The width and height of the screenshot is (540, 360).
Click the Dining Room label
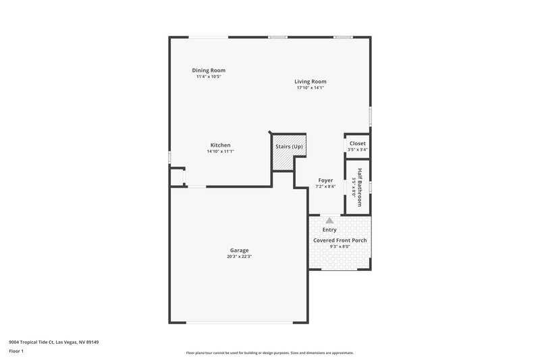click(x=209, y=70)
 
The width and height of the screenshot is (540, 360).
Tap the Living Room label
click(x=310, y=82)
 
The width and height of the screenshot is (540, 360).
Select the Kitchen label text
click(x=221, y=145)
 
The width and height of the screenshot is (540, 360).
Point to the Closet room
click(x=357, y=144)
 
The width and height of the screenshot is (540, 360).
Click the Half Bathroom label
click(x=360, y=181)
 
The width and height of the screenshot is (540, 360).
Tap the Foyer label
click(x=325, y=180)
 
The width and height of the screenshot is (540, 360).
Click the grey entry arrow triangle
click(x=329, y=220)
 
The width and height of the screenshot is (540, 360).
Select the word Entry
click(x=329, y=230)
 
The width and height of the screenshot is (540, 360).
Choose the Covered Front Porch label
click(x=340, y=240)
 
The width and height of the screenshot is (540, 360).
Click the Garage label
click(x=240, y=251)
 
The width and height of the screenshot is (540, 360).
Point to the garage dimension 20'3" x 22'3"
click(x=240, y=257)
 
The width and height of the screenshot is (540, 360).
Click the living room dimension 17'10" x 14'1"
click(x=310, y=88)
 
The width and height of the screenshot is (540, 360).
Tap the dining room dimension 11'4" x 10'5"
click(x=209, y=76)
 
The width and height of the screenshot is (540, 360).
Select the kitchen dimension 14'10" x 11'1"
click(x=221, y=151)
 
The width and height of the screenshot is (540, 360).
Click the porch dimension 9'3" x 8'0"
click(x=340, y=247)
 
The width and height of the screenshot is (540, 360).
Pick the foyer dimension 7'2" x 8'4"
click(x=325, y=186)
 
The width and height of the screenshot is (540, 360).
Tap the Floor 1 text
click(x=16, y=352)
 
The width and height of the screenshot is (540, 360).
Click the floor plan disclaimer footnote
click(x=269, y=353)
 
